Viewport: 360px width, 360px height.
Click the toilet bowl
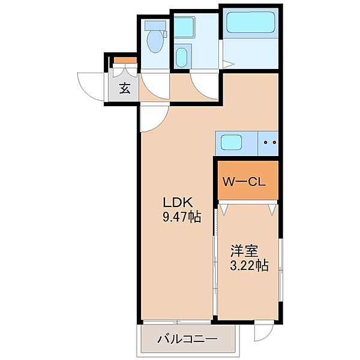(x=155, y=42)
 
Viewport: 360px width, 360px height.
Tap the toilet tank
(x=155, y=25)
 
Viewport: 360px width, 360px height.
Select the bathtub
(x=251, y=22)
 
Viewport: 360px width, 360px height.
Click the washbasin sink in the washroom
(x=181, y=58)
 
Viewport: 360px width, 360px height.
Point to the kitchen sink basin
(x=231, y=142)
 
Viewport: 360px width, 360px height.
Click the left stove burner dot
(x=266, y=143)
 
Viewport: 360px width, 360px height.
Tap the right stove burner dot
(x=274, y=143)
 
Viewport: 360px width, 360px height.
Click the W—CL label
(x=244, y=182)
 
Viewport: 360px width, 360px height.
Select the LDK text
(x=178, y=203)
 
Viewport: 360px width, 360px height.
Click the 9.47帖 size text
(x=182, y=217)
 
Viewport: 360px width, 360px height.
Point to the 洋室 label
(x=244, y=251)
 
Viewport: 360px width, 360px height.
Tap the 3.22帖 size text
(x=249, y=265)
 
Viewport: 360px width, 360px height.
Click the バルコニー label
(x=187, y=339)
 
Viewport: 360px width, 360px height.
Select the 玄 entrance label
(x=125, y=88)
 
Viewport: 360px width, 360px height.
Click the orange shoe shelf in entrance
(x=125, y=60)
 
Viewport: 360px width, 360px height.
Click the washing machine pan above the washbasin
(x=185, y=27)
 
